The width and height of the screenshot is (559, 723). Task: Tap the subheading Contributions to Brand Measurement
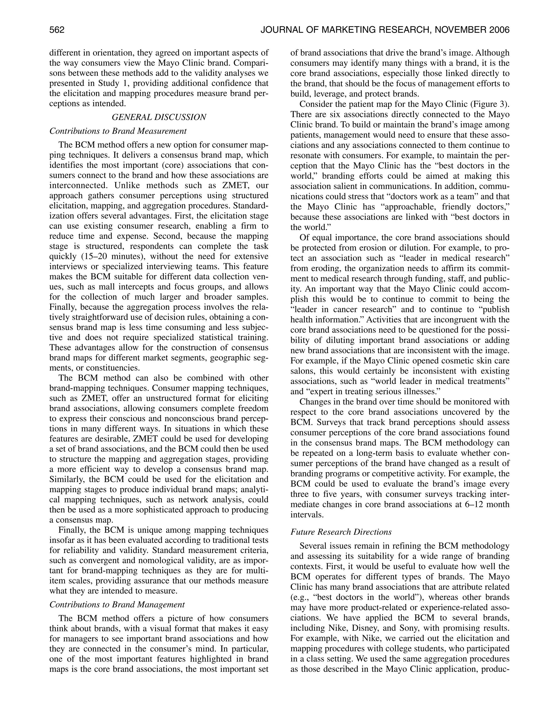[118, 131]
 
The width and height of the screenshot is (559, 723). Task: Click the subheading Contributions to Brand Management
[117, 605]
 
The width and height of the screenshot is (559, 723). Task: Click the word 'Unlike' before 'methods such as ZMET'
[95, 185]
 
